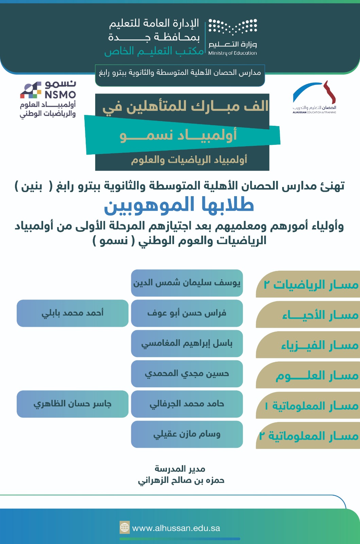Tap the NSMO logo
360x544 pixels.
tap(48, 99)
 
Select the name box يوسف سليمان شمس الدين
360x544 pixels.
tap(187, 283)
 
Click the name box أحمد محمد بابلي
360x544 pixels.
tap(73, 313)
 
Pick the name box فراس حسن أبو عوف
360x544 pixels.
tap(187, 313)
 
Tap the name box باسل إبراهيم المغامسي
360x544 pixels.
tap(187, 343)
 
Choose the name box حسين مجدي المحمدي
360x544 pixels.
tap(187, 374)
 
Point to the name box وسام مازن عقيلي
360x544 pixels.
tap(187, 434)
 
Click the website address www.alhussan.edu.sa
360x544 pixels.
tap(176, 528)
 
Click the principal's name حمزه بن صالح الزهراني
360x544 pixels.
tap(181, 481)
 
